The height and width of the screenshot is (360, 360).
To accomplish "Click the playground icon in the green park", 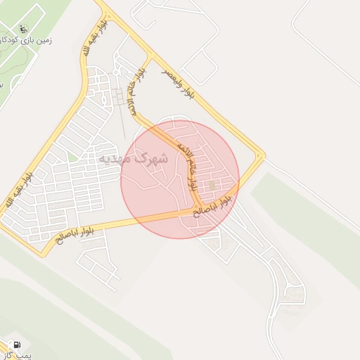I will pyautogui.click(x=22, y=30).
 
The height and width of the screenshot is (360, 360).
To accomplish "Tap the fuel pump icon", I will pyautogui.click(x=16, y=345).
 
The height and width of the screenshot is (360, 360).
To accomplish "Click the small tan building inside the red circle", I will pyautogui.click(x=212, y=185).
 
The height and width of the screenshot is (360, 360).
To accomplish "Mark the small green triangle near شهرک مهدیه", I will pyautogui.click(x=72, y=157).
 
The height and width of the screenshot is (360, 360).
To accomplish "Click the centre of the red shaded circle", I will pyautogui.click(x=180, y=179).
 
